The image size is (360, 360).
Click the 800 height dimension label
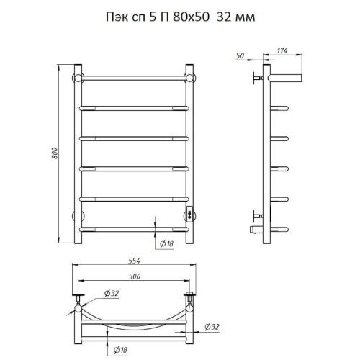click(x=55, y=153)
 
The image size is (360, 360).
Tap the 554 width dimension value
click(x=134, y=261)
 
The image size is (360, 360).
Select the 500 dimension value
click(x=135, y=276)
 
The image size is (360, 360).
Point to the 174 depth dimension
click(x=282, y=51)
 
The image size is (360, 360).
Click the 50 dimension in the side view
click(x=240, y=55)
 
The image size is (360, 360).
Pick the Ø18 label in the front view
click(x=166, y=244)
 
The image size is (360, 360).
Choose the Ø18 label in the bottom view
click(x=120, y=350)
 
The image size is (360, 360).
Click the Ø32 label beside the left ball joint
click(x=112, y=293)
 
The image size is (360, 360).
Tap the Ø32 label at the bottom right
click(x=212, y=327)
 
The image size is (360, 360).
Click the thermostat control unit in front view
click(x=189, y=215)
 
